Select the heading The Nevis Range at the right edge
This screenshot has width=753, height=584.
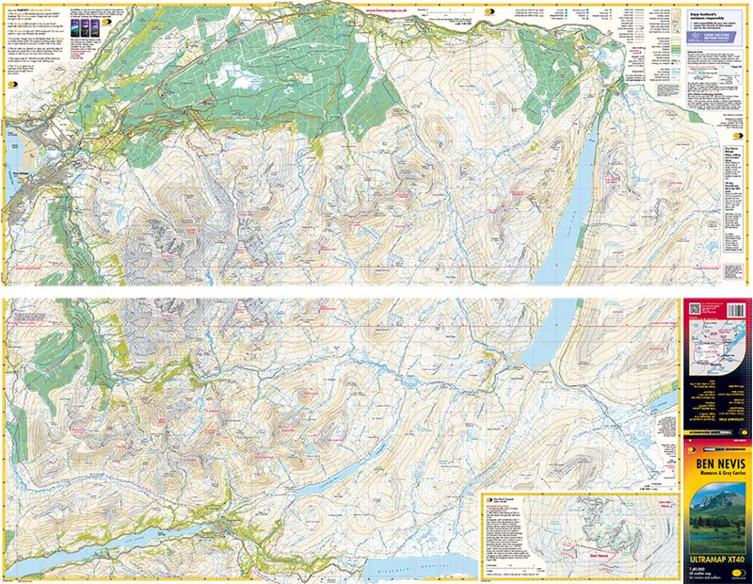click(736, 150)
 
